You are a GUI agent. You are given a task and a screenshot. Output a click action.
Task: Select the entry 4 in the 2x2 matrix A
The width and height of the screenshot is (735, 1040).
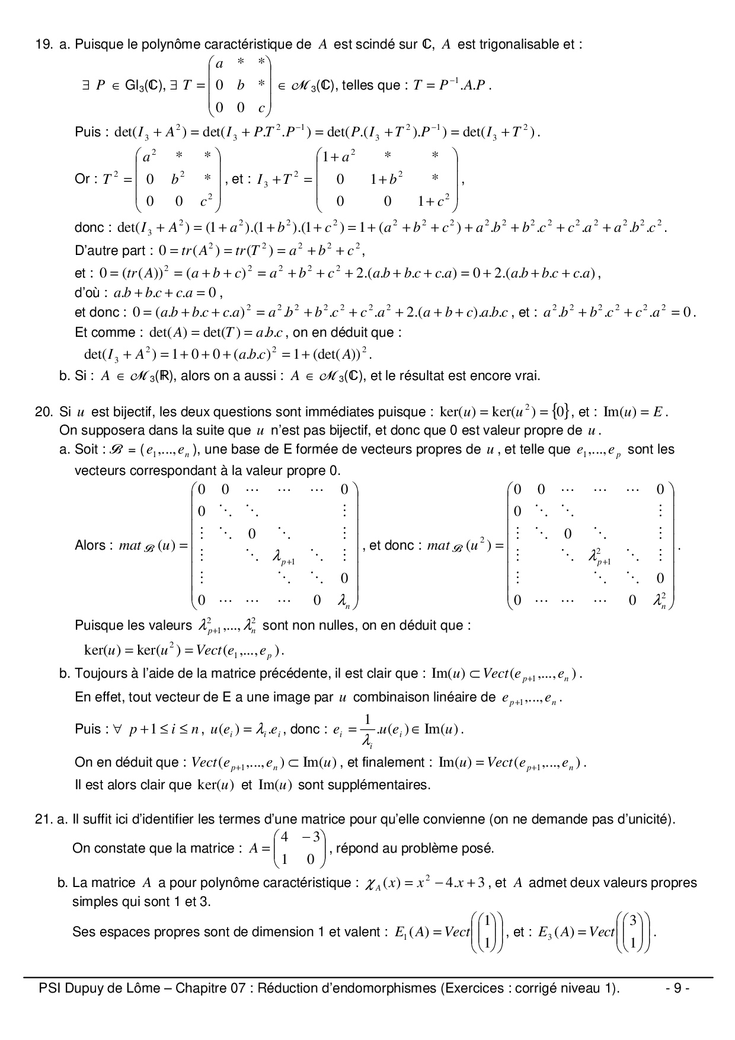point(285,837)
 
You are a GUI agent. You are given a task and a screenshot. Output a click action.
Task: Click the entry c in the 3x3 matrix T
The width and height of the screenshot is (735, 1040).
point(261,108)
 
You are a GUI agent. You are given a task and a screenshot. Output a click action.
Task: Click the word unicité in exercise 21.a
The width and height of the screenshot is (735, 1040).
point(650,820)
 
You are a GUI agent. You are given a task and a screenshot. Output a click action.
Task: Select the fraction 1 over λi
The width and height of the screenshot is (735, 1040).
point(367,730)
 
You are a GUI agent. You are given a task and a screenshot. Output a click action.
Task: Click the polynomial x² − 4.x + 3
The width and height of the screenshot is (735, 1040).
point(450,883)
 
